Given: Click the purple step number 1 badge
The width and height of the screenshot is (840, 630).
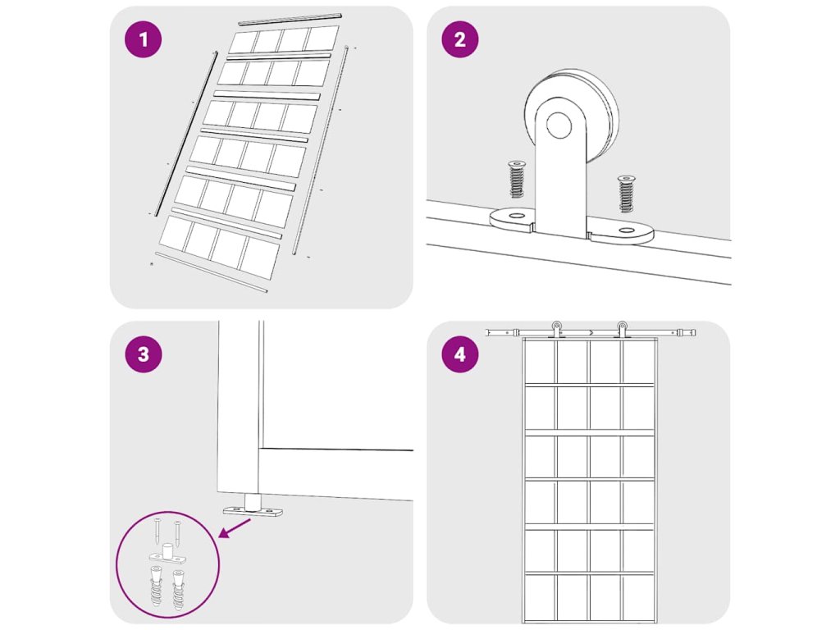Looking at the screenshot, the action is point(143,39).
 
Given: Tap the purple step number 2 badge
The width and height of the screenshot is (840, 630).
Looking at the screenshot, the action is point(459,39).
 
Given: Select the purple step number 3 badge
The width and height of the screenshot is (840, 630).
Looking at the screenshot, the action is point(143,354).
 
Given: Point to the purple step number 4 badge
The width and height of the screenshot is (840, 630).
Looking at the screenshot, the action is point(459,354).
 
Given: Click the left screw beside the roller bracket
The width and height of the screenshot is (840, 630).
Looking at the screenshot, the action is point(517,180).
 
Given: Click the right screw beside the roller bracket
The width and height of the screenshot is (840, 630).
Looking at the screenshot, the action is point(625,194).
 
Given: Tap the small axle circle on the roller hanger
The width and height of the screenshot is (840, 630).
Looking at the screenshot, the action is point(559,125).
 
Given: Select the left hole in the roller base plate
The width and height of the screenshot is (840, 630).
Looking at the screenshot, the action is point(517,216).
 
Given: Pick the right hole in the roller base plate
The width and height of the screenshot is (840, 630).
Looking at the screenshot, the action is point(625,231).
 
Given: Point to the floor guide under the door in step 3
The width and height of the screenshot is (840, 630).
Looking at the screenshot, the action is point(253,506).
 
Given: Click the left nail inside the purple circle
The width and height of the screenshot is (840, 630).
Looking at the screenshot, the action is point(157,532).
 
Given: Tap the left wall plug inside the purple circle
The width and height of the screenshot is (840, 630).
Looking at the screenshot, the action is point(155,586).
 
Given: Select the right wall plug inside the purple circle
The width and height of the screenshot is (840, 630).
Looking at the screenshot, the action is point(178,591).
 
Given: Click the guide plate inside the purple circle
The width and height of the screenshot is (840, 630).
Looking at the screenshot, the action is point(167,555).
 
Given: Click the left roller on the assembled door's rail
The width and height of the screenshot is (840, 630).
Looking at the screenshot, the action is point(557,329).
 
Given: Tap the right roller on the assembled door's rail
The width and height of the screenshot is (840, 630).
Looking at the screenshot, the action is point(622,329).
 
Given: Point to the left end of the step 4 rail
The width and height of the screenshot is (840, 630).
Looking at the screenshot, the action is point(486,333).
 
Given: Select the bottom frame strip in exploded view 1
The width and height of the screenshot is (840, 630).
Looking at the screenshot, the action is point(211,272).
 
